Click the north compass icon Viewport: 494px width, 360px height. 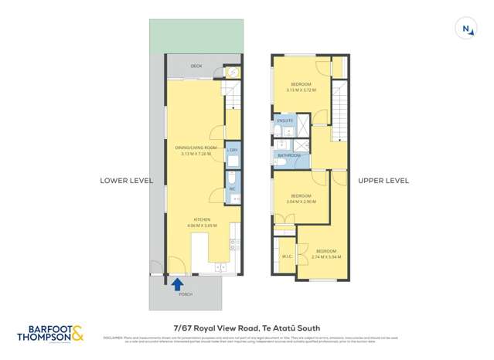(467, 29)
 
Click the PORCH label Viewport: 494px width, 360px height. (186, 295)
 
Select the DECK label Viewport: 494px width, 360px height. (197, 67)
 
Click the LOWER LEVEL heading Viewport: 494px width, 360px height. (127, 181)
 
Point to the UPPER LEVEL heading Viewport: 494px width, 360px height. (383, 181)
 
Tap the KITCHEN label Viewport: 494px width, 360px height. (202, 220)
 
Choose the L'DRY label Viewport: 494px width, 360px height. (232, 149)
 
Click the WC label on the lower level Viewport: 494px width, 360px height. (232, 188)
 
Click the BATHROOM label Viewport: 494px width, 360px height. (290, 155)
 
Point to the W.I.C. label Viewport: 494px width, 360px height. (286, 257)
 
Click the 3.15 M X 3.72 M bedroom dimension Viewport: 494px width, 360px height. (302, 90)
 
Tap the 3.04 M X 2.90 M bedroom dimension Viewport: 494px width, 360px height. (300, 202)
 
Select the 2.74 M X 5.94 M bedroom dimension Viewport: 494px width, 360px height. (325, 256)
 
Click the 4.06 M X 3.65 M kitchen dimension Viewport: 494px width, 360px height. (202, 226)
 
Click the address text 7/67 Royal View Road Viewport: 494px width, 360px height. (247, 328)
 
